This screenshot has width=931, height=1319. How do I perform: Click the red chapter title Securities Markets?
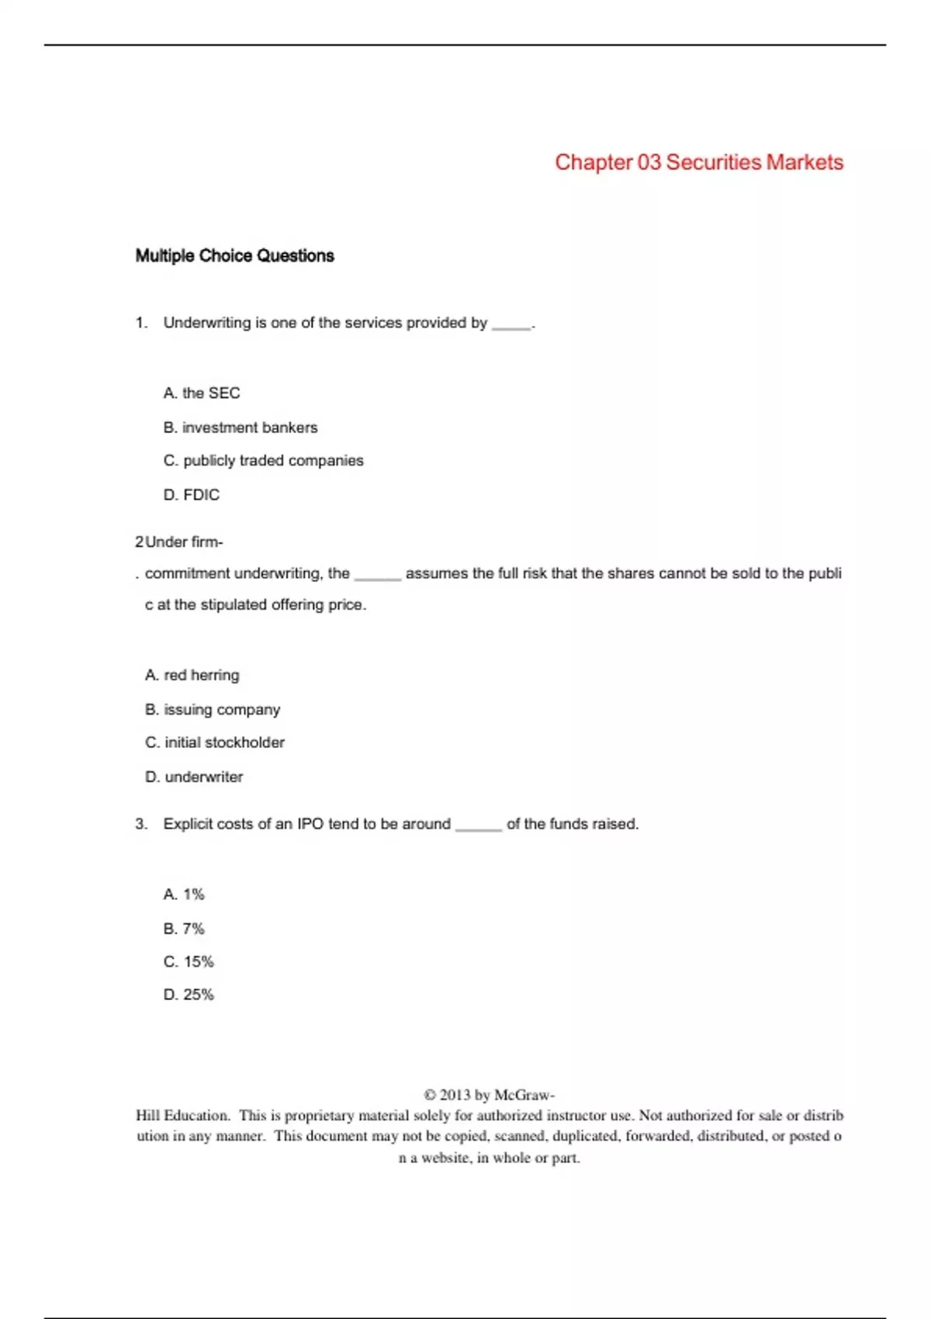[x=698, y=162]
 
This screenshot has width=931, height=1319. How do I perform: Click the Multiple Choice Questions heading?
[x=234, y=256]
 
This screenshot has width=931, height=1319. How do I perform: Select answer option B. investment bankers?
[x=241, y=428]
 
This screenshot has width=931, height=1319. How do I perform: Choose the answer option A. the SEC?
[x=202, y=393]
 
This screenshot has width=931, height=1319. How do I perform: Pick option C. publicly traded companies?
[x=263, y=461]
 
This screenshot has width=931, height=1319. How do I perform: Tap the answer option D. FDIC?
[x=192, y=495]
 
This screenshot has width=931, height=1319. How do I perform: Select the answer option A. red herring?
[x=192, y=675]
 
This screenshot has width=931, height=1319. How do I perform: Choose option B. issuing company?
[x=213, y=709]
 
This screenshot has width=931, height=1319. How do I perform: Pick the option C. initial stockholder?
[x=215, y=743]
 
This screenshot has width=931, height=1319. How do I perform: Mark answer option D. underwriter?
[x=194, y=777]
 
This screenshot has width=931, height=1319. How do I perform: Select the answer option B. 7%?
[x=184, y=929]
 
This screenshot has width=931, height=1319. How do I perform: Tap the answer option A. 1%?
[x=184, y=895]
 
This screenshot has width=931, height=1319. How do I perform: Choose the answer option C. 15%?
[x=189, y=962]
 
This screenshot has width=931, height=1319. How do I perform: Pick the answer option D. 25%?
[x=189, y=995]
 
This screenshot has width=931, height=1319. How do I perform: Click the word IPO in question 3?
[x=310, y=824]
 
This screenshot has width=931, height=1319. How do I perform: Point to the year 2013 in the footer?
[x=455, y=1095]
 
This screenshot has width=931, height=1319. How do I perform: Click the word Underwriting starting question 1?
[x=206, y=323]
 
